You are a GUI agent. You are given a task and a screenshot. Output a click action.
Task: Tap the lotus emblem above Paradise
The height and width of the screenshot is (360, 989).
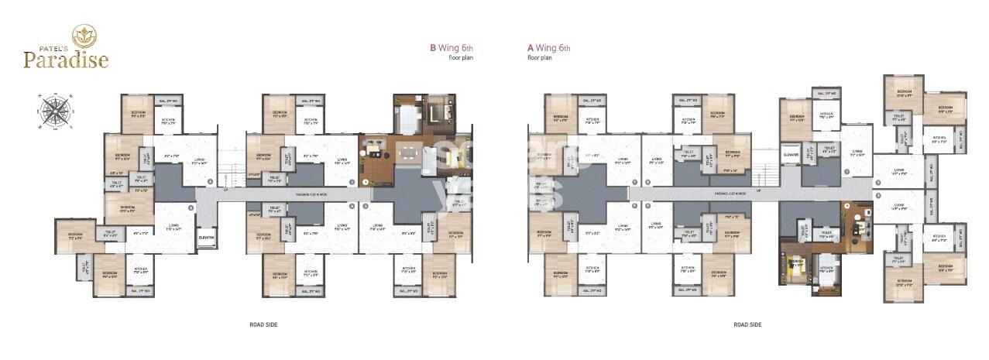(82, 34)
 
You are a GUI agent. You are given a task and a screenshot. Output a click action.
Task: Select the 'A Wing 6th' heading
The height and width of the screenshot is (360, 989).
(549, 48)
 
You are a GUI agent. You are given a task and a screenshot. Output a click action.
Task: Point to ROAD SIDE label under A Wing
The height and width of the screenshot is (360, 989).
(747, 324)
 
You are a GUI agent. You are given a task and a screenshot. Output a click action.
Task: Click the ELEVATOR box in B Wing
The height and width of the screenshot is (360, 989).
(206, 238)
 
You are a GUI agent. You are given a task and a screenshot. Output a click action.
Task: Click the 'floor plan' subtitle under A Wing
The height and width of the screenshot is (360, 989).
(539, 58)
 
